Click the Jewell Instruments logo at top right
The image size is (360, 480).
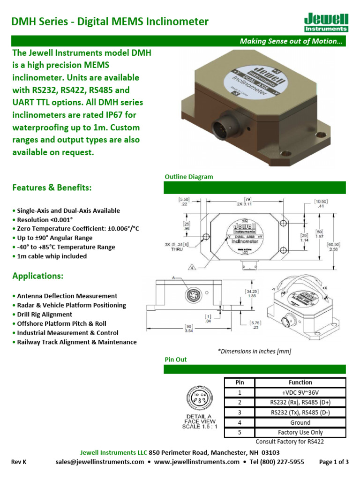pyautogui.click(x=326, y=22)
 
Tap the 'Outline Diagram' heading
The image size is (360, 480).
pyautogui.click(x=188, y=177)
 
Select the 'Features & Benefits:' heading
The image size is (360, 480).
pyautogui.click(x=52, y=187)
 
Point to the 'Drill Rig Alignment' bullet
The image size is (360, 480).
pyautogui.click(x=44, y=315)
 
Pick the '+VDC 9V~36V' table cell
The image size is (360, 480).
pyautogui.click(x=300, y=392)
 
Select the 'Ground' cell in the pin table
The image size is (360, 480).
pyautogui.click(x=300, y=422)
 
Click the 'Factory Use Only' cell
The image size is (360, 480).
pyautogui.click(x=300, y=432)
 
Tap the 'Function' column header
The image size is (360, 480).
pyautogui.click(x=300, y=382)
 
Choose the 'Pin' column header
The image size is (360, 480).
pyautogui.click(x=239, y=382)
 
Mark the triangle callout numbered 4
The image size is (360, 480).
pyautogui.click(x=192, y=268)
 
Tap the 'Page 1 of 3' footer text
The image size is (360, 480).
pyautogui.click(x=334, y=462)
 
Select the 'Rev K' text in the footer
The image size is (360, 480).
pyautogui.click(x=19, y=462)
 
